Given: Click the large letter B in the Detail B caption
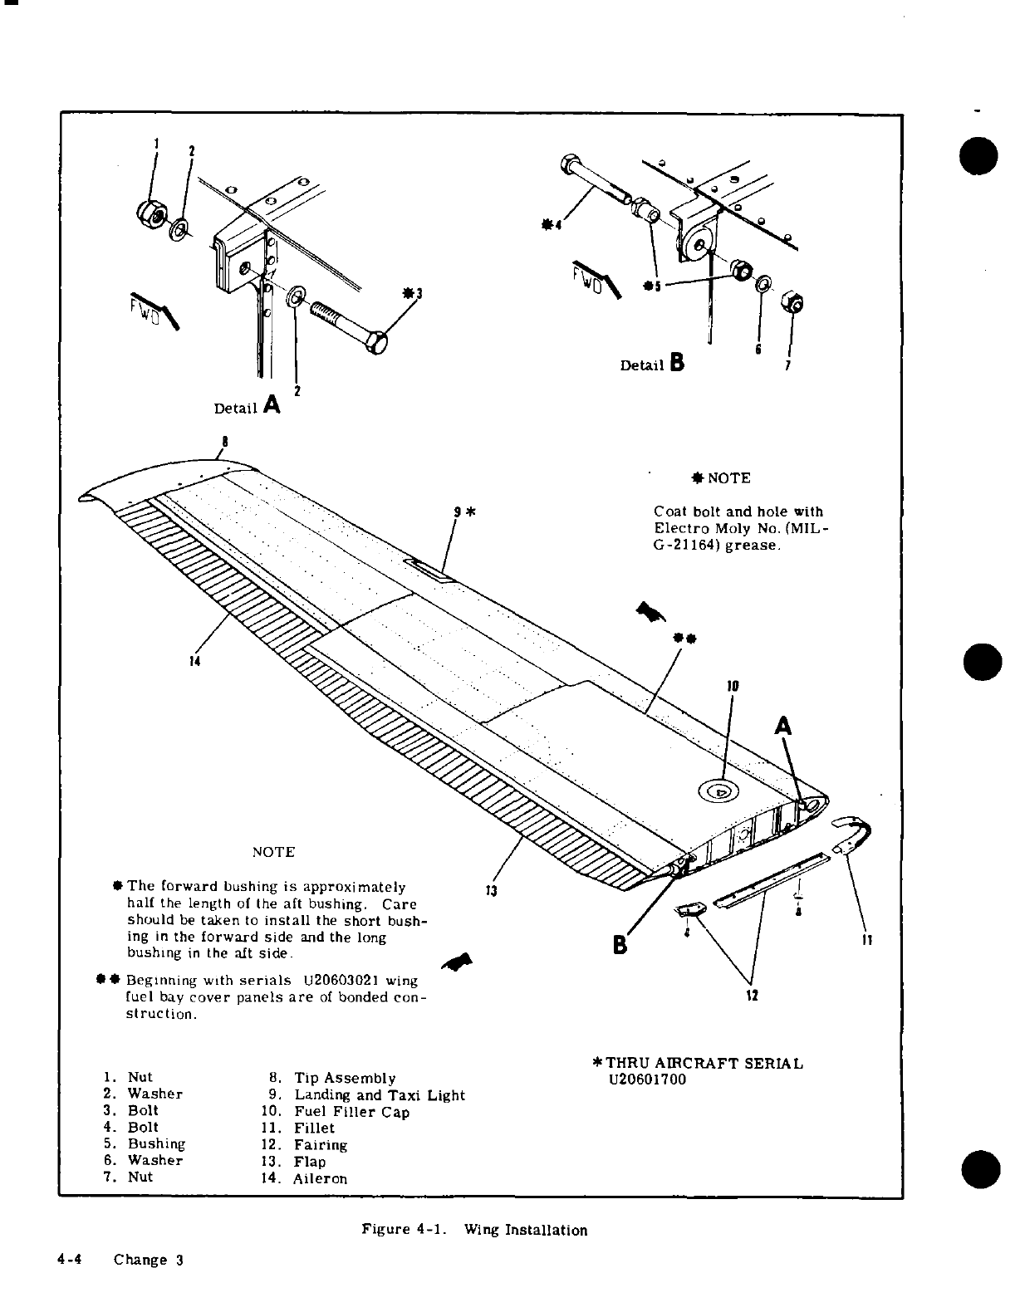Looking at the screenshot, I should pos(677,362).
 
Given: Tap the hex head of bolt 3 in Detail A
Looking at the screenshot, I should pos(377,342).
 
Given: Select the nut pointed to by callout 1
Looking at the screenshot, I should pos(149,213).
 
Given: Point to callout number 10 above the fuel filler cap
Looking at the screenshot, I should pos(733,687).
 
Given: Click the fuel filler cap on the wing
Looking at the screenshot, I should pos(720,791).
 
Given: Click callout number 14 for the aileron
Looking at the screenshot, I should pos(195,661).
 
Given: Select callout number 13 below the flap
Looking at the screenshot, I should pos(491,891).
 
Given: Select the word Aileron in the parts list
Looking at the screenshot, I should pos(321,1178).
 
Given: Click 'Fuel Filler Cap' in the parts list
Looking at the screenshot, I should pos(352,1112).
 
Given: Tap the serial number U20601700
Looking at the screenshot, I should pos(648,1080).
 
